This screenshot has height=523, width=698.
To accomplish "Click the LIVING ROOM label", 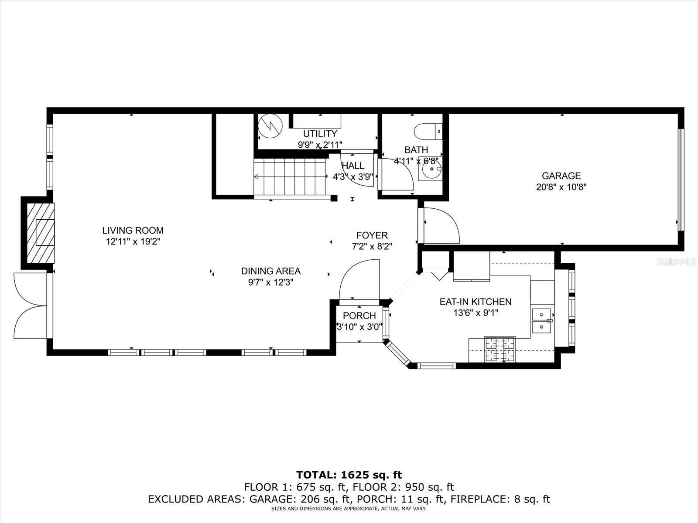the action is tap(133, 230).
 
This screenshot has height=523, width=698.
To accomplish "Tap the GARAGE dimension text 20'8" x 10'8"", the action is tap(561, 187).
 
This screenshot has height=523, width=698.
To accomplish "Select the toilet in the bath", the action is tap(428, 131).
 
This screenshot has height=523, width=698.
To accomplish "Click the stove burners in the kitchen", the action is tap(500, 349).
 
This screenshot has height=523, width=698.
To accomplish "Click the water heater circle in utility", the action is tap(270, 126).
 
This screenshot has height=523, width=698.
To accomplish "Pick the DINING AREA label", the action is tap(270, 271).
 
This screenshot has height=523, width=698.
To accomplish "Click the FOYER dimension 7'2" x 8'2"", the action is tap(372, 246).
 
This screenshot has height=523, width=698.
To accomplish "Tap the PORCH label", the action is tap(359, 316).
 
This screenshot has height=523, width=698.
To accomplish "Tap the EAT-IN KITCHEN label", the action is tap(476, 302).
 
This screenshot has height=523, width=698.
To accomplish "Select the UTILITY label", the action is tap(320, 133).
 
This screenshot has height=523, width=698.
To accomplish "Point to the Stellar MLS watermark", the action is tap(676, 261).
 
